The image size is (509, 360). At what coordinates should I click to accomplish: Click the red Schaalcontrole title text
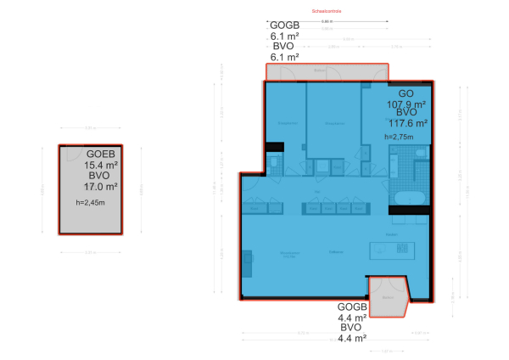pos(327,12)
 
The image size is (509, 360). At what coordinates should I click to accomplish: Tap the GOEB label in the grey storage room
pos(100,154)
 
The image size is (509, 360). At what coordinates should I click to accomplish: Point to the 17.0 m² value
pos(100,186)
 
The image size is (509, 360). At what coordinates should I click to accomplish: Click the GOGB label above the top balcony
pos(284,25)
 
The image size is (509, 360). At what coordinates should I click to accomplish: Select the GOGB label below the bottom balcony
pos(352,307)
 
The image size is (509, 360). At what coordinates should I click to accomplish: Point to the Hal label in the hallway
pos(316,194)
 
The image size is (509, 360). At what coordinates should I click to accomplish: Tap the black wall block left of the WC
pos(273,148)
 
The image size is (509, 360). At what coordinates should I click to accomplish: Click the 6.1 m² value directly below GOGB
pos(284,37)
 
